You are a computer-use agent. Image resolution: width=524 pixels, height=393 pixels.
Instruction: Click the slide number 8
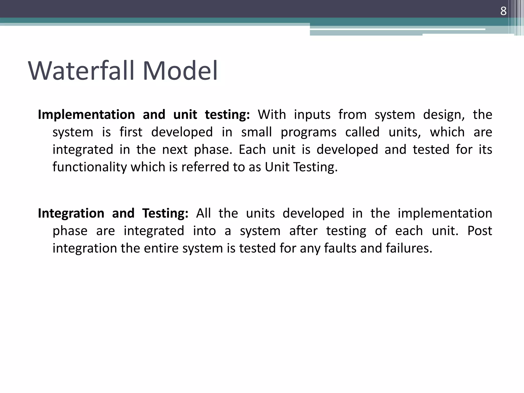point(503,11)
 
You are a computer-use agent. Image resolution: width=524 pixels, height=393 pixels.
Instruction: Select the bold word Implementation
point(86,115)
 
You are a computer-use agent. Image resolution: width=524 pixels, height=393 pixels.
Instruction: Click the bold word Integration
point(71,213)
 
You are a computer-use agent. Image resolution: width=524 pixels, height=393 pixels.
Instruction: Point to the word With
point(272,115)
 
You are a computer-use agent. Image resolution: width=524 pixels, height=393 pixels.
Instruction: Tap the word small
point(256,132)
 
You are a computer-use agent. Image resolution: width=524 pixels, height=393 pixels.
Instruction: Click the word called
point(362,132)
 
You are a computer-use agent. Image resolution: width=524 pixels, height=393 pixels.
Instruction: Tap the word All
point(203,213)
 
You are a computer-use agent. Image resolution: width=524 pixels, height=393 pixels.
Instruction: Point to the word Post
point(479,231)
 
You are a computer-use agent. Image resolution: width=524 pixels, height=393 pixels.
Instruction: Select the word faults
point(340,248)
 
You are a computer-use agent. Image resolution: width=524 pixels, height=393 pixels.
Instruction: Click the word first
point(131,132)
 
